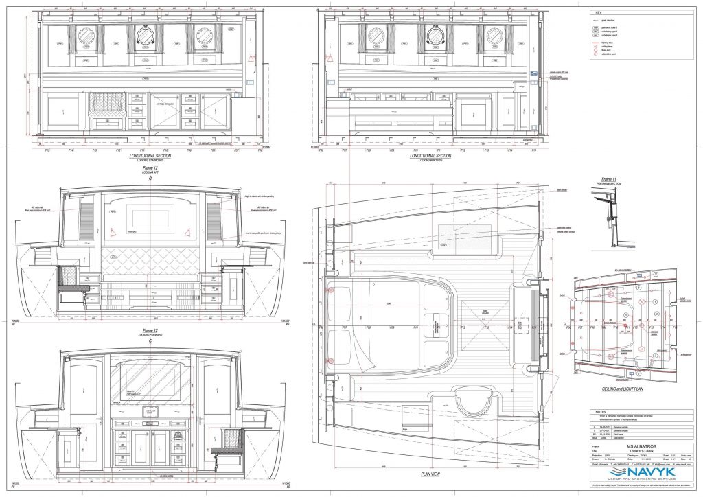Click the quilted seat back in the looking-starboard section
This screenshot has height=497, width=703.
pyautogui.click(x=106, y=104)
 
